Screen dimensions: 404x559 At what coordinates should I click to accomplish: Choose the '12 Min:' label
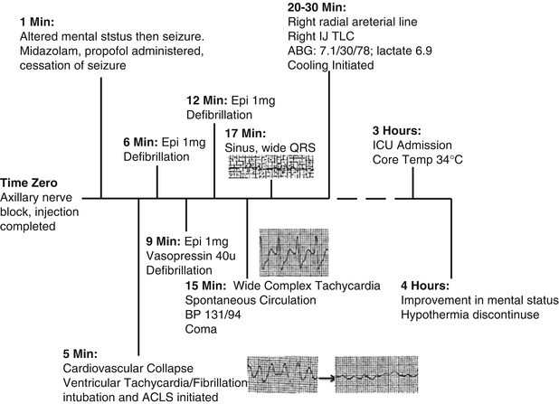200,99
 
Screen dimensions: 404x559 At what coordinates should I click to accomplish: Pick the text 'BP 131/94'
213,315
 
